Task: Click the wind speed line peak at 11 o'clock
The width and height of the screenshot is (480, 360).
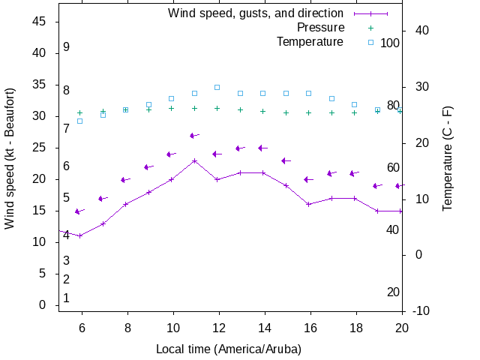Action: pos(194,160)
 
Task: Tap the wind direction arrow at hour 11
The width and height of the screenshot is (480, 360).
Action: pos(194,136)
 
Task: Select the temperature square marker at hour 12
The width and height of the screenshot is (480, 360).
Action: pos(217,87)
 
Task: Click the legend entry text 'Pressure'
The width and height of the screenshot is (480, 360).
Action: pos(321,28)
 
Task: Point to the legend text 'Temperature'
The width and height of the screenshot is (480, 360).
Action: pos(310,42)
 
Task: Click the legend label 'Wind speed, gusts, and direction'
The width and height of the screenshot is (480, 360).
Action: pos(256,13)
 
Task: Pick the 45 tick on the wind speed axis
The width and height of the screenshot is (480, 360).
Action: pos(40,22)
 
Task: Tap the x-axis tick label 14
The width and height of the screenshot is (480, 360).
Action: pos(263,327)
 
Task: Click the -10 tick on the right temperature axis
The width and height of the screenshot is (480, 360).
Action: pos(421,310)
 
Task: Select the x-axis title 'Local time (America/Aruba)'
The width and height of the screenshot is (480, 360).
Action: pos(229,349)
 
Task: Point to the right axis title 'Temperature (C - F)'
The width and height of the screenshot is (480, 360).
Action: pos(447,159)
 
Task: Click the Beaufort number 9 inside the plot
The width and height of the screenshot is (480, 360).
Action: pos(67,47)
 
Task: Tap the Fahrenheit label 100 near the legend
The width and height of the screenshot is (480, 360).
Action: pos(390,43)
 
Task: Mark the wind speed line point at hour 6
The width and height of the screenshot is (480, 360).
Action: pos(80,235)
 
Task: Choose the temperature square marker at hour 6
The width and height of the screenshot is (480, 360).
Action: pos(80,121)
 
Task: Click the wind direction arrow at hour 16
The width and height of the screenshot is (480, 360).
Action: pos(308,179)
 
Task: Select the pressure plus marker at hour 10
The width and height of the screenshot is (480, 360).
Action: pos(172,108)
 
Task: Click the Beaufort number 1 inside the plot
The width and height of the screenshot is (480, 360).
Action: pos(67,298)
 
